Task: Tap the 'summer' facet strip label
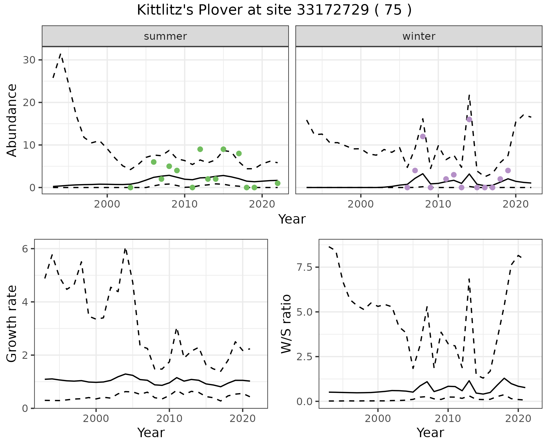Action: coord(165,36)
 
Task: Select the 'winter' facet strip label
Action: coord(419,36)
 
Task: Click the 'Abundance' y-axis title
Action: coord(12,120)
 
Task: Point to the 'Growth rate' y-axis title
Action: coord(12,324)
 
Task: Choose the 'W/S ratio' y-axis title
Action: coord(286,324)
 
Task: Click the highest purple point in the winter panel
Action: coord(469,120)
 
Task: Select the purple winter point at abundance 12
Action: coord(423,136)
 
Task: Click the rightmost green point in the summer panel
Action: coord(277,183)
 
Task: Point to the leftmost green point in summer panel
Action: coord(130,188)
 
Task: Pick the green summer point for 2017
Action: coord(239,154)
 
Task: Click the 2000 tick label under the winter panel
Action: coord(361,204)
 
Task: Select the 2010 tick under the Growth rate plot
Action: coord(169,419)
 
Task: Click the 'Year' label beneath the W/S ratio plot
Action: coord(430,433)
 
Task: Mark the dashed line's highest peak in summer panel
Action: coord(61,53)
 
